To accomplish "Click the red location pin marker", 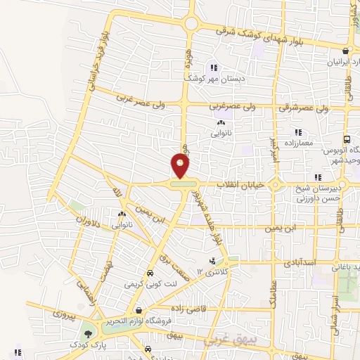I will pos(181,166).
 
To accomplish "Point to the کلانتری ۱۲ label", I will pos(209,271).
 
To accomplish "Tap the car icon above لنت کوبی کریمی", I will pos(149,274).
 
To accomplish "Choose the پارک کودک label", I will pos(84,345).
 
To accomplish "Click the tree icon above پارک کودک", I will pos(88,334).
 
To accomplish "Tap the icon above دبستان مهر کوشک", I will pos(214,68).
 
